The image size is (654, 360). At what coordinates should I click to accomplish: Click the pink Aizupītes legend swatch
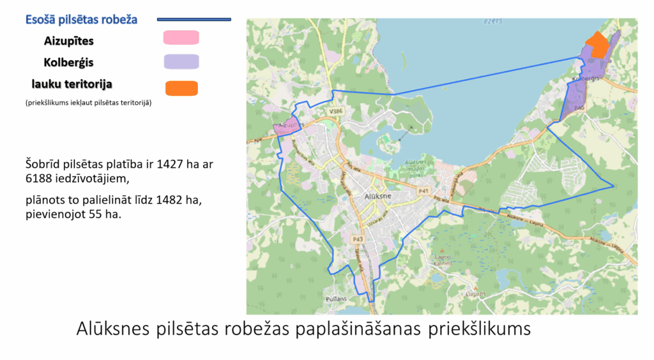coord(181,38)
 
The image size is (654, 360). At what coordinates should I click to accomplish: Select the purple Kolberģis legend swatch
coord(181,62)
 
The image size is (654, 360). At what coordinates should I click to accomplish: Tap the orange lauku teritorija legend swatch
coord(181,88)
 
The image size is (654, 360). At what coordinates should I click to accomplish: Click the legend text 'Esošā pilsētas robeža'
coord(81,20)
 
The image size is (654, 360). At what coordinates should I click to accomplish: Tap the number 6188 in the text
coord(40,179)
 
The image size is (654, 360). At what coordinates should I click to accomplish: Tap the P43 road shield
coord(358,239)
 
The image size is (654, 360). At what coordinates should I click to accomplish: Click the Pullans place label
coord(354,298)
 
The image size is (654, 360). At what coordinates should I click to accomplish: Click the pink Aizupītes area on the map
coord(287,126)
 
